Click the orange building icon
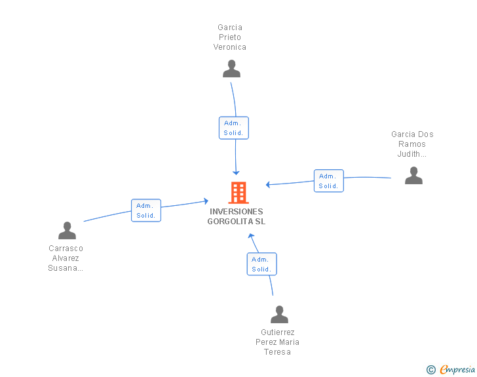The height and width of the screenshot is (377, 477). (238, 193)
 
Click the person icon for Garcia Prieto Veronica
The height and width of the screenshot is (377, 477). (231, 69)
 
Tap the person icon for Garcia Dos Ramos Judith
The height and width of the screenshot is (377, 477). (413, 176)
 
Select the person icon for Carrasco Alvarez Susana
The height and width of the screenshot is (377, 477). (67, 230)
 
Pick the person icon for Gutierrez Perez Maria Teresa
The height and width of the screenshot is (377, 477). (279, 314)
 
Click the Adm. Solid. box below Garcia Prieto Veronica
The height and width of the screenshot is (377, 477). (234, 128)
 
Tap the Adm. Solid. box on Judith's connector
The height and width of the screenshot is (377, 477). (328, 181)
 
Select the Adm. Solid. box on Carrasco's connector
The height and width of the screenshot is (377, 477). (146, 210)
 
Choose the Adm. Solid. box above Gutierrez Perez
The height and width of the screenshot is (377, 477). (261, 264)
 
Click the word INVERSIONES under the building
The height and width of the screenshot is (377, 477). (237, 212)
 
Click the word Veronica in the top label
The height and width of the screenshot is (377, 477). (230, 47)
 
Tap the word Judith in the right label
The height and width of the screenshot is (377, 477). (409, 154)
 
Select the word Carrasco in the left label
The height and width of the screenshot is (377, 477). (66, 248)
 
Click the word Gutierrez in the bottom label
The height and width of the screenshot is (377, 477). (277, 332)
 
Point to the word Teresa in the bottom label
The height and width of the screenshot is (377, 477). (277, 352)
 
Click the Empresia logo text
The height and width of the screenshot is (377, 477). (457, 370)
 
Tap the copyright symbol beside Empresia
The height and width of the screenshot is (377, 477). (430, 370)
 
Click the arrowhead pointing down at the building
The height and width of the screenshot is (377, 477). (236, 173)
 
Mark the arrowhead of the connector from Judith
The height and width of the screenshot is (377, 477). (268, 184)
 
